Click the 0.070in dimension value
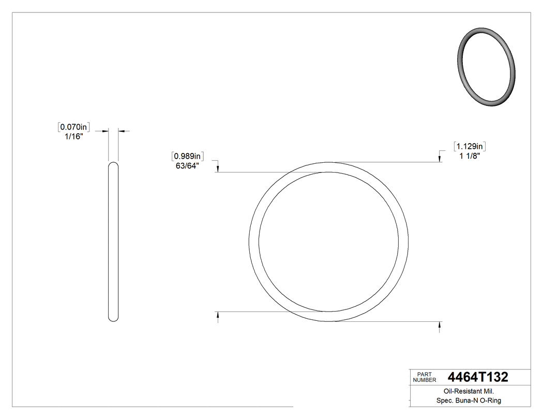click(x=75, y=127)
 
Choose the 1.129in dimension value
click(x=471, y=146)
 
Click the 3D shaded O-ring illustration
click(x=487, y=67)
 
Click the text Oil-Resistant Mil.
click(x=465, y=392)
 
